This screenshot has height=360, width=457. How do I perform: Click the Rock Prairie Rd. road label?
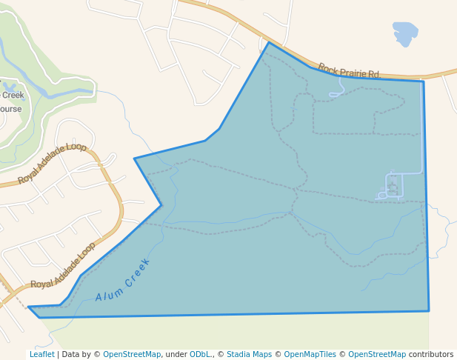pos(349,70)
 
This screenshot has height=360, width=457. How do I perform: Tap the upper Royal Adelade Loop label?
pos(52,162)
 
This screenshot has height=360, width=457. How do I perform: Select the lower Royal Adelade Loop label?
pos(64,264)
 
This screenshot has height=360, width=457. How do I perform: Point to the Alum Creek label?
pos(123,279)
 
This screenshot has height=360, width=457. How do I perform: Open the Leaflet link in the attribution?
pos(41,354)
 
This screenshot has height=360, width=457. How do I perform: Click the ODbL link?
pos(200,354)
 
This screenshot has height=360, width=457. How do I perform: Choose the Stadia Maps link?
pos(249,354)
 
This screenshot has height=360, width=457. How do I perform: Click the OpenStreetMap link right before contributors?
pos(377,354)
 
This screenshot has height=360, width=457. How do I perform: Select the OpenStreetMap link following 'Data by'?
pos(132,354)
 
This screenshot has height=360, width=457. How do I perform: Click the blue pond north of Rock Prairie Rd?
pos(404,33)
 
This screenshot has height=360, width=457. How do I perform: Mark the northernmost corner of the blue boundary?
pos(269,42)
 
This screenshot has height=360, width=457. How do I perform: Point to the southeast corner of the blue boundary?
pos(429,310)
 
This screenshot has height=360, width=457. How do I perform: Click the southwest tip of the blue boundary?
pos(30,307)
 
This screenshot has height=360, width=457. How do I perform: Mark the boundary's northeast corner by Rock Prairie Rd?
pos(423,81)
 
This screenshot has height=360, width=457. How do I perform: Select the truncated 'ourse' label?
pos(10,109)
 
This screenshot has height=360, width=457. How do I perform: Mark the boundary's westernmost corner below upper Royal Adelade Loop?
pos(135,159)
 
